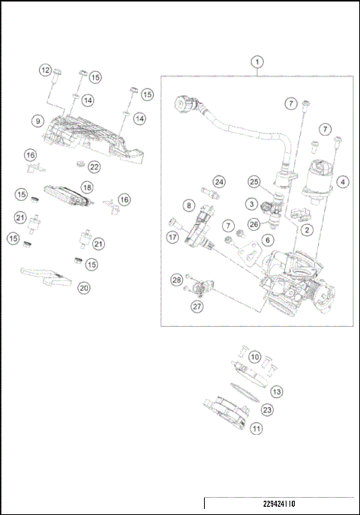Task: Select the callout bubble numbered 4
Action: point(342,181)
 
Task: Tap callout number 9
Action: point(36,120)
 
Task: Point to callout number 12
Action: point(45,70)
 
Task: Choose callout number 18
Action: point(87,187)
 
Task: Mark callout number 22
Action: point(94,166)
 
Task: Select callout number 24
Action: point(218,182)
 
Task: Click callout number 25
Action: point(254,182)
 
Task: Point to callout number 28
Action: point(176,280)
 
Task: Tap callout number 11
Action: point(256,430)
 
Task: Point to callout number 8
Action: point(189,204)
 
